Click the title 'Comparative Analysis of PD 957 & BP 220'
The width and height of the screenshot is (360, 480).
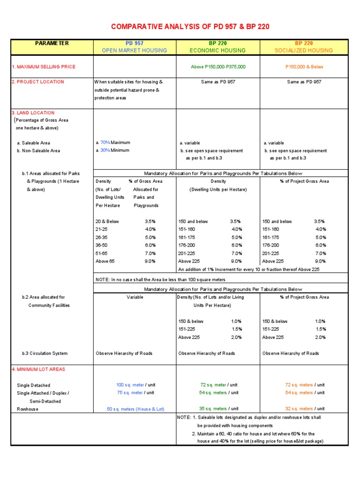pyautogui.click(x=190, y=26)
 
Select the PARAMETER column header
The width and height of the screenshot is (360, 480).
pyautogui.click(x=52, y=43)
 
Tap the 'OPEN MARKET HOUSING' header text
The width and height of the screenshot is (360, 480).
pyautogui.click(x=134, y=50)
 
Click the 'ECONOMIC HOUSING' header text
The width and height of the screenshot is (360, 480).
pyautogui.click(x=217, y=50)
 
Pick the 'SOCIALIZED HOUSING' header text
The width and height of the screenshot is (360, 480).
pyautogui.click(x=304, y=50)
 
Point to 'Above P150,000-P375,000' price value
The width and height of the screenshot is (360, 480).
pyautogui.click(x=218, y=67)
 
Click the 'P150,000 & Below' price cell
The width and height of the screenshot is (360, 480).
pyautogui.click(x=304, y=67)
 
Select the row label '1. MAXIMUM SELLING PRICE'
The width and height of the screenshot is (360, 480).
pyautogui.click(x=44, y=67)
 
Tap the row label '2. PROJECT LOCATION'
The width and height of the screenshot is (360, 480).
pyautogui.click(x=38, y=82)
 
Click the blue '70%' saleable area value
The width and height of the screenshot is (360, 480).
pyautogui.click(x=105, y=142)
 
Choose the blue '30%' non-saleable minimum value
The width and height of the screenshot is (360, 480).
pyautogui.click(x=105, y=150)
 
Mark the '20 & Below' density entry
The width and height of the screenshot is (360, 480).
pyautogui.click(x=107, y=221)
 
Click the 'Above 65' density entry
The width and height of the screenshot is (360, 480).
pyautogui.click(x=105, y=261)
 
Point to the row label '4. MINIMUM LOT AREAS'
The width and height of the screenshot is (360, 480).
pyautogui.click(x=38, y=369)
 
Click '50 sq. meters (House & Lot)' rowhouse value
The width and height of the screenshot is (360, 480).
pyautogui.click(x=135, y=409)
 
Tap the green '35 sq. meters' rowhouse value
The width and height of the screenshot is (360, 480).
pyautogui.click(x=213, y=409)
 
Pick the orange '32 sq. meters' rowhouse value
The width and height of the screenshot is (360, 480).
pyautogui.click(x=299, y=409)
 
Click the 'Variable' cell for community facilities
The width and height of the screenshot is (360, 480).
pyautogui.click(x=135, y=297)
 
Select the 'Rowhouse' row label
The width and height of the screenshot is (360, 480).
pyautogui.click(x=28, y=409)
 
